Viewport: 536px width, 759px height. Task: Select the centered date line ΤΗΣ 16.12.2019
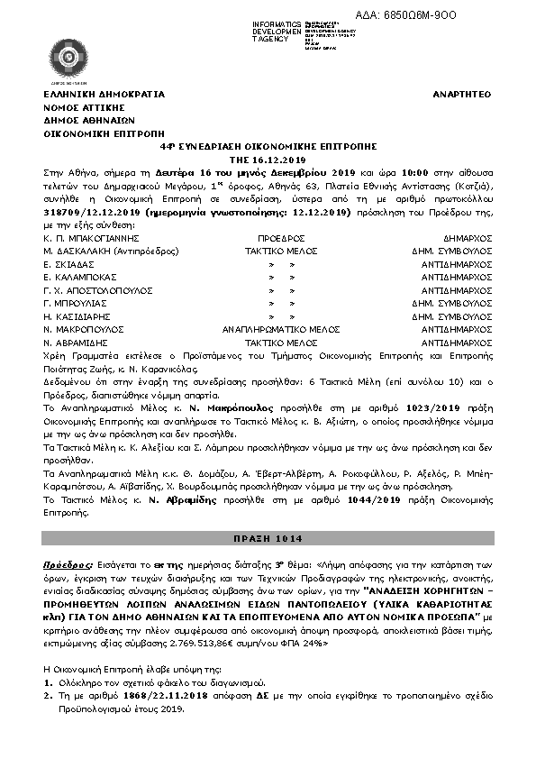click(x=268, y=157)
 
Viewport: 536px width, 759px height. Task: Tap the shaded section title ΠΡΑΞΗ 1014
click(x=268, y=537)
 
